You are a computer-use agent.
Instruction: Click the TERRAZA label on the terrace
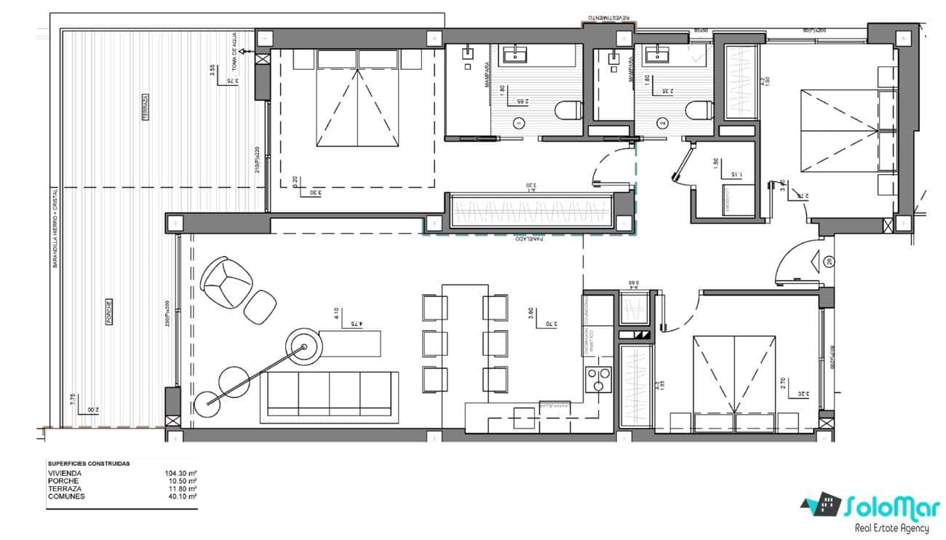click(146, 107)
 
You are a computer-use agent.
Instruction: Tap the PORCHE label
click(108, 311)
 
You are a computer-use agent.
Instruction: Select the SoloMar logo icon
click(822, 504)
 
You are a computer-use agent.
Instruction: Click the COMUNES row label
click(66, 497)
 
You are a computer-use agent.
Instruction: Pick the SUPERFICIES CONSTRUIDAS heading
click(89, 463)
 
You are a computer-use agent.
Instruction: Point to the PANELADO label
click(530, 239)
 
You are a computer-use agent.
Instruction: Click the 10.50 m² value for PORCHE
click(182, 481)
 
